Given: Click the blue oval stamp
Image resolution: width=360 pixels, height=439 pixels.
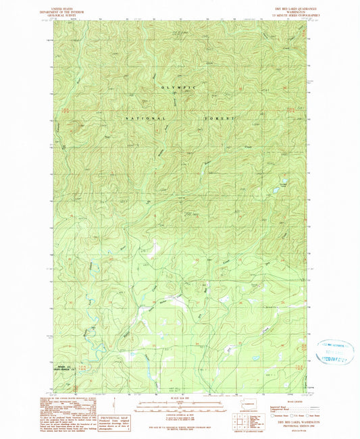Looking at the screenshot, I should [x=334, y=353].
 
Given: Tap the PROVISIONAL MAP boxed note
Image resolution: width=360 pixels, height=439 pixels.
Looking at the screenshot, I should [x=113, y=419].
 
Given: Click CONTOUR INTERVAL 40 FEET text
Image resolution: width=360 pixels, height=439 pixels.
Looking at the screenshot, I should [x=180, y=414].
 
